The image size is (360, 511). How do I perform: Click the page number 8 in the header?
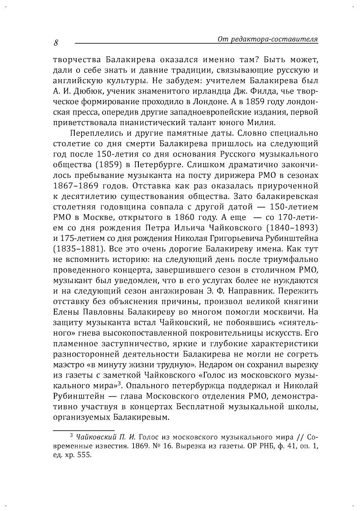click(56, 42)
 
